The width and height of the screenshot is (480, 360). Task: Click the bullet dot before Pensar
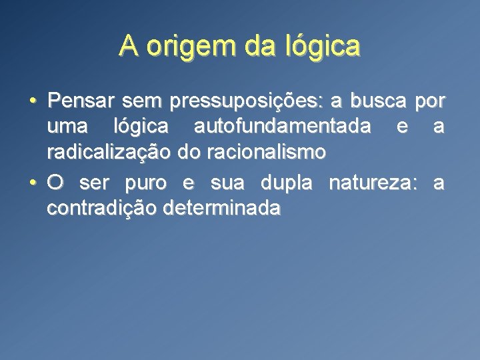[x=32, y=102]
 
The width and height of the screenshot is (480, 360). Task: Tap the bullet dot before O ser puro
[x=32, y=184]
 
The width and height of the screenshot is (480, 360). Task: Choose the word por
[x=430, y=103]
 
